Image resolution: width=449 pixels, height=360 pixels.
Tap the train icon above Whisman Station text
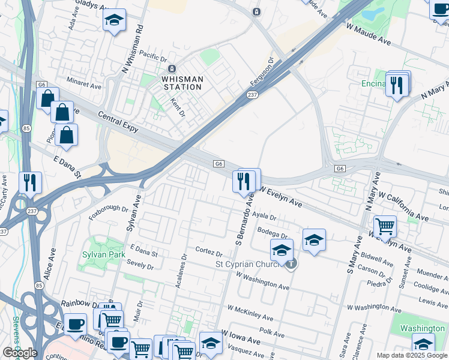[172, 68]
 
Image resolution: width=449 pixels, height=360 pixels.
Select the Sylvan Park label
[104, 254]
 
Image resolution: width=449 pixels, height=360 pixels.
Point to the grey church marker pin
[291, 263]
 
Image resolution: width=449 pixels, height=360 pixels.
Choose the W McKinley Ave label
[250, 313]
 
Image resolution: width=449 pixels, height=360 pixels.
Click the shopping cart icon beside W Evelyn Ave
[385, 226]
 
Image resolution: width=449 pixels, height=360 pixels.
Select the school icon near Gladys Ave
[114, 20]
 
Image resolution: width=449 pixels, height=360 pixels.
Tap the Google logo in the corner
[20, 352]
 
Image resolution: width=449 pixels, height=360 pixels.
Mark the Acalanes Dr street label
[181, 270]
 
